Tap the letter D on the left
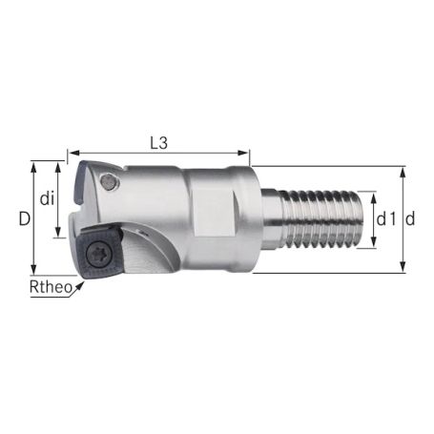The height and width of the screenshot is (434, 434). tap(24, 218)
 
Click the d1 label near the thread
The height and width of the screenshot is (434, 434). tap(386, 219)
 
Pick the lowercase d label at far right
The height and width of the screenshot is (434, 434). tap(410, 219)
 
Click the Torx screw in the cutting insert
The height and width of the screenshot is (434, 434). tap(98, 253)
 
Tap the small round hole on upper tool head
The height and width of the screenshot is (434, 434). tap(114, 181)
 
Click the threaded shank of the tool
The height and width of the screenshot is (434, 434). tap(324, 219)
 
